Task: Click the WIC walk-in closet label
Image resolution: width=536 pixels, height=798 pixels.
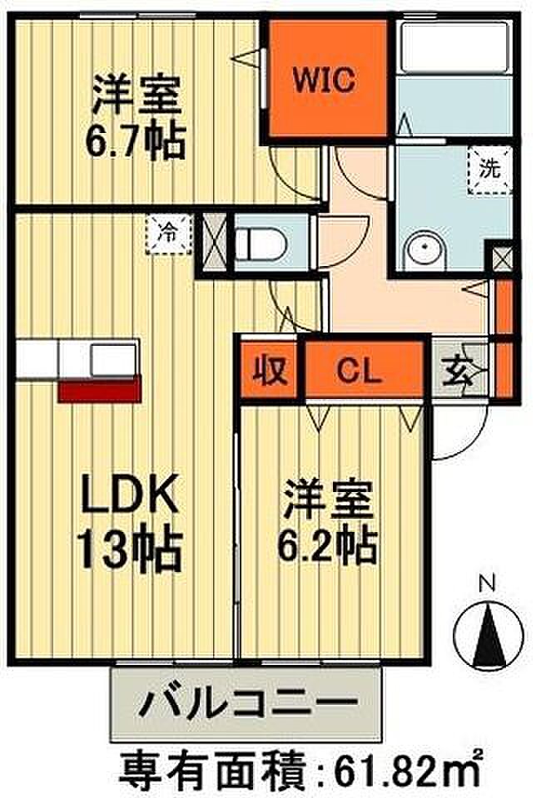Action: pos(325,81)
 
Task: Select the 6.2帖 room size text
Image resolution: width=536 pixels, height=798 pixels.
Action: pos(327,546)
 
